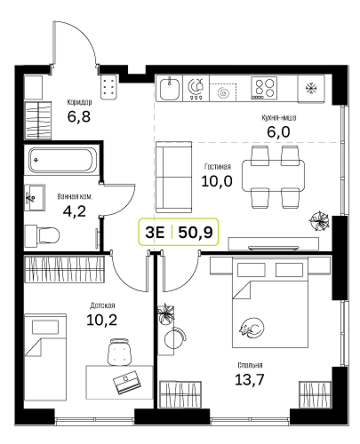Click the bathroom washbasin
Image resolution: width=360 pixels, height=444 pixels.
click(x=35, y=196)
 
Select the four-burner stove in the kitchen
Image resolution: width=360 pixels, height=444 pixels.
click(x=263, y=88)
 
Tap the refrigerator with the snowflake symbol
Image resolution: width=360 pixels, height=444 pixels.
click(x=310, y=88)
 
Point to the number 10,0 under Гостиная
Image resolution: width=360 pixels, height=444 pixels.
click(x=219, y=181)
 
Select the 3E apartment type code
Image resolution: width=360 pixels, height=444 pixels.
click(x=155, y=234)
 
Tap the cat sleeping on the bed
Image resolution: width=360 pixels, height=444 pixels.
click(x=249, y=330)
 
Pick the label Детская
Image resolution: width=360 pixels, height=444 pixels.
click(x=102, y=305)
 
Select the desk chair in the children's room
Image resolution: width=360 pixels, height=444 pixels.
click(x=119, y=353)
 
